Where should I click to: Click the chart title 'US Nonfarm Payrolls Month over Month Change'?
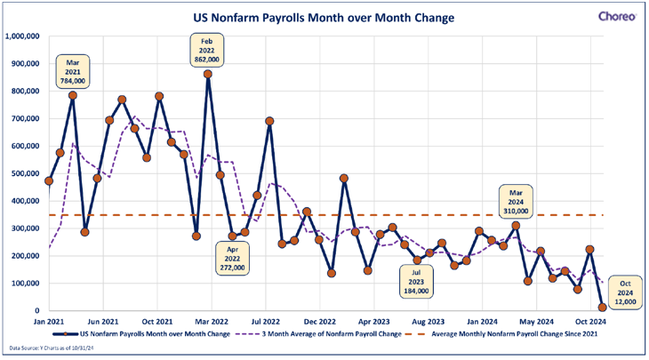tap(324, 17)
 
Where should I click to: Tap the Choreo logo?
tap(616, 16)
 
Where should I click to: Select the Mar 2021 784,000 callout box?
tap(74, 70)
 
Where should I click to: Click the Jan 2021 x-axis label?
tap(49, 322)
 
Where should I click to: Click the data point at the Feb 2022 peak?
tap(208, 74)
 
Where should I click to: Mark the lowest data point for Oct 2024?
tap(603, 307)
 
